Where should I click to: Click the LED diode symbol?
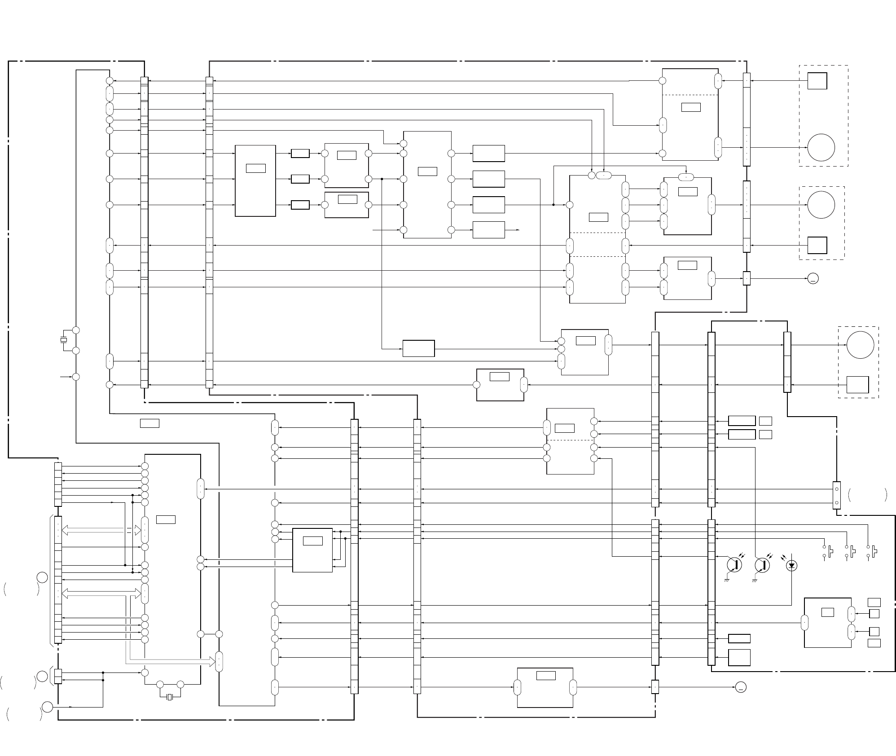(792, 566)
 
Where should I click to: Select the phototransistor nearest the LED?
(763, 565)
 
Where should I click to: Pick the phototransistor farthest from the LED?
(734, 565)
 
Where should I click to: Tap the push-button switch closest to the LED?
(829, 551)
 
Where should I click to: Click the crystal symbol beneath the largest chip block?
(170, 697)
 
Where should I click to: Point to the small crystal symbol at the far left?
(64, 340)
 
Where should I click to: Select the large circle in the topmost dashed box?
(821, 147)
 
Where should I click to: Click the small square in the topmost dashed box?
(817, 81)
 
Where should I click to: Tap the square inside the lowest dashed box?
(857, 385)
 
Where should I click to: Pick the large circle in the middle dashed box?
(821, 205)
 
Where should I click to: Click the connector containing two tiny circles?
(836, 495)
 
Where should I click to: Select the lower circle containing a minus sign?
(741, 687)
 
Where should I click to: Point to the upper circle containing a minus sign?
(813, 279)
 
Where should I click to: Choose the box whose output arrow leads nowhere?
(488, 230)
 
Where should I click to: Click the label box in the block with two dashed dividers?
(598, 217)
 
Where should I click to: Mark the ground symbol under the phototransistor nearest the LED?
(755, 580)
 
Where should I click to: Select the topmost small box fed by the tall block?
(300, 154)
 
